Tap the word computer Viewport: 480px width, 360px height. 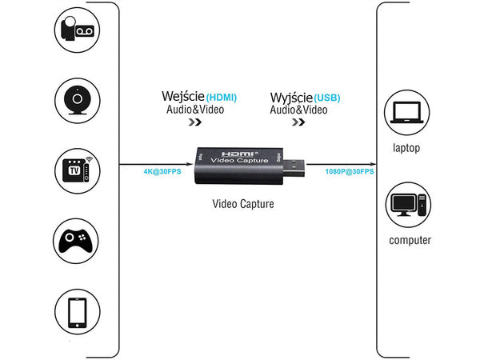tap(410, 240)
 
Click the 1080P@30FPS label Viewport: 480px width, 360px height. tap(349, 171)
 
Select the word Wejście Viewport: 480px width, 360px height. tap(183, 96)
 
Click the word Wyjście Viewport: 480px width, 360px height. tap(291, 96)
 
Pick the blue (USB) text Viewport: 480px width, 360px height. tap(327, 98)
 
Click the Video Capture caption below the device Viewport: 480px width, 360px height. tap(242, 204)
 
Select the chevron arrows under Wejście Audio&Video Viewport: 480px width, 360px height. tap(194, 123)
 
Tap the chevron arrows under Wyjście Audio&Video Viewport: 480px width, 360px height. tap(298, 123)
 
